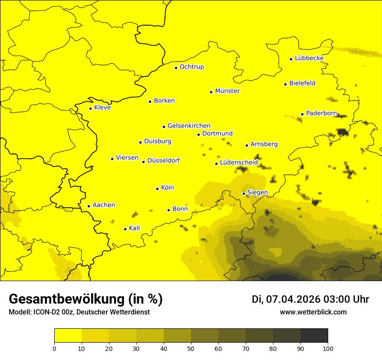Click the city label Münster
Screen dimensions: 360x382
pos(227,91)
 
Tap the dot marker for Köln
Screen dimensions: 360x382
pos(158,189)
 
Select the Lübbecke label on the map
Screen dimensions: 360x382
pos(309,58)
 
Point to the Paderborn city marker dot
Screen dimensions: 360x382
pos(303,114)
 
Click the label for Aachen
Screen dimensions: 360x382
pos(104,205)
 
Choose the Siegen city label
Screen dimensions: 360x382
pos(257,193)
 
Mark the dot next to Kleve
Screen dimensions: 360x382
pos(91,108)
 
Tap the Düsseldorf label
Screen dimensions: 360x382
pos(164,160)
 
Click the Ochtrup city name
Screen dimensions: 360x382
pos(192,67)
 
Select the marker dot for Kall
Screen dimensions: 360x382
pos(125,229)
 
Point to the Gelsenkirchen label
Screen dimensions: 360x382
pos(189,126)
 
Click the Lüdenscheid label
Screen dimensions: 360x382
pos(239,163)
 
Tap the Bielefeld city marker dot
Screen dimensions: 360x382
pos(286,84)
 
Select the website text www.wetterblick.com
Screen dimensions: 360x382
pos(313,312)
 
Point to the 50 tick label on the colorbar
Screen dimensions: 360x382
pos(191,348)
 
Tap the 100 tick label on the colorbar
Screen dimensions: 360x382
pos(327,348)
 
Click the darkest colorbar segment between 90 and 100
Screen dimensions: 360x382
pos(314,336)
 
